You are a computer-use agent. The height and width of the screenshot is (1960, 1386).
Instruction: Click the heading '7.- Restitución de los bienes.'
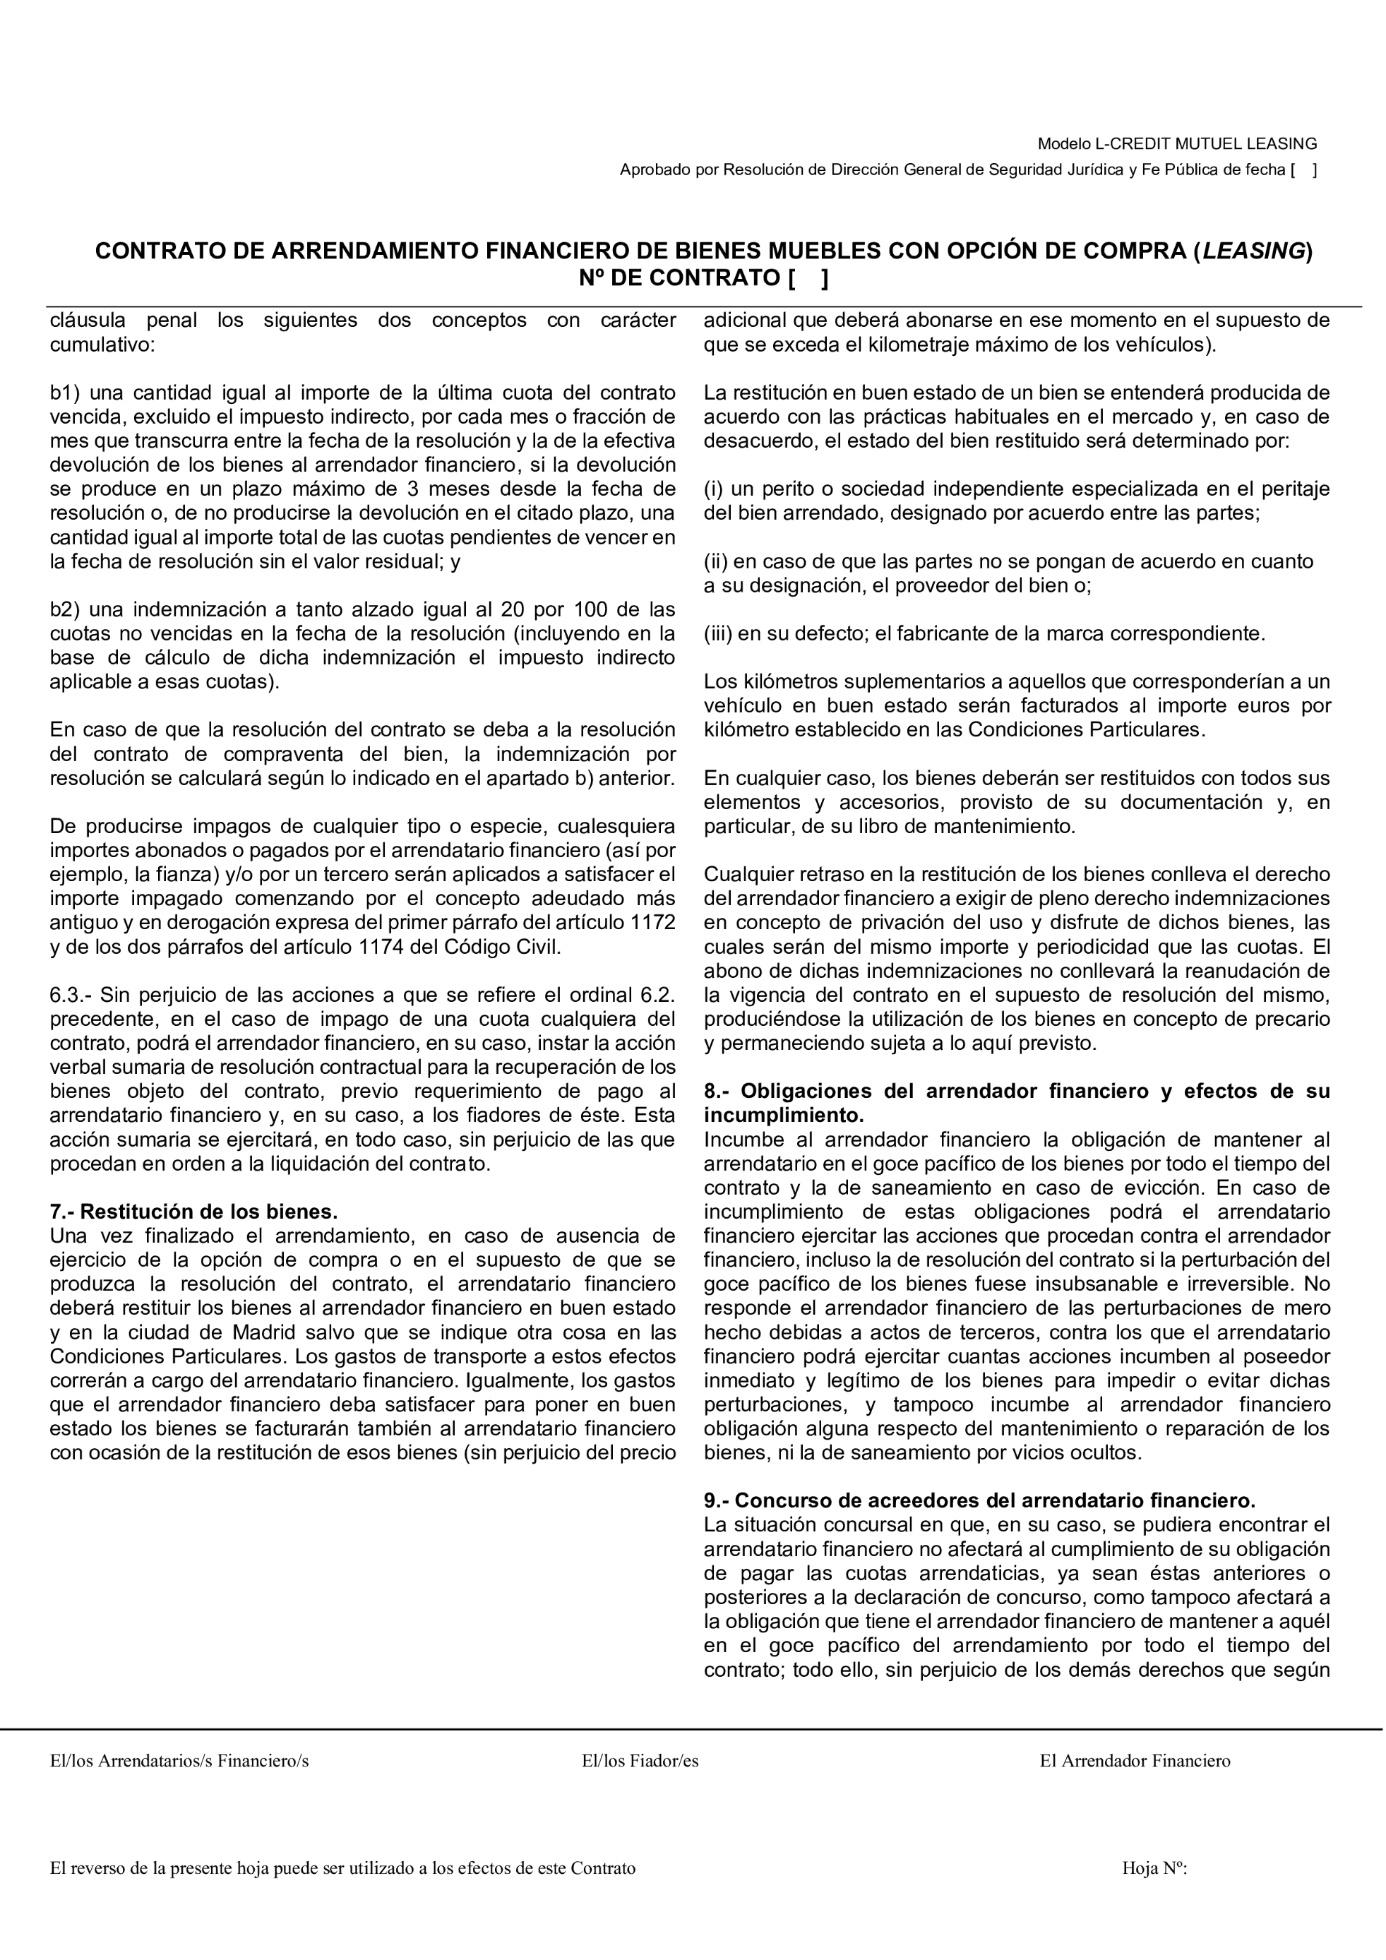tap(193, 1212)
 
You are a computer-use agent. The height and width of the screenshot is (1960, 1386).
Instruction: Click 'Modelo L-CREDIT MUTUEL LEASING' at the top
tap(1177, 143)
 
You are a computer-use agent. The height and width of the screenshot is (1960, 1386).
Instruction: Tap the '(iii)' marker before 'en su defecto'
tap(718, 633)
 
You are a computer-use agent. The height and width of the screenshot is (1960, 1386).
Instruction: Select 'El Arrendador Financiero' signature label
tap(1134, 1760)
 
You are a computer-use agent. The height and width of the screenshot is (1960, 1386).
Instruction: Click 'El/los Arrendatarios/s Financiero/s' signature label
tap(179, 1760)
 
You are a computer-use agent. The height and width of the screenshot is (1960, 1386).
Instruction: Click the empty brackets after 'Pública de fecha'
tap(1303, 170)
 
